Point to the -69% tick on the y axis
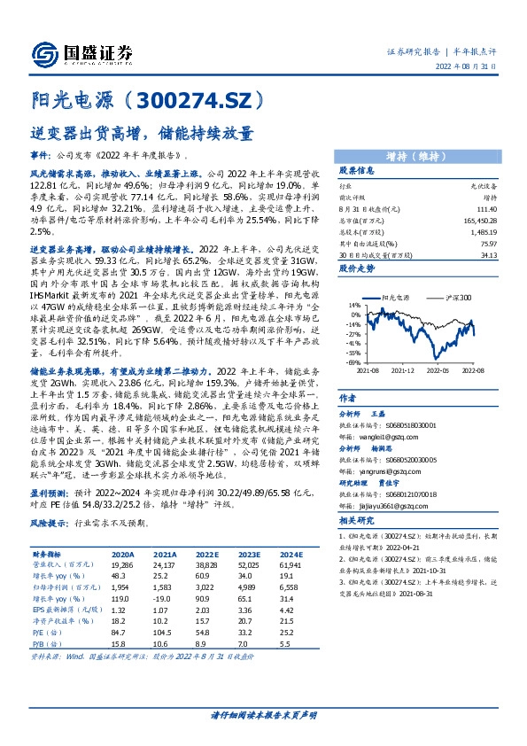(353, 362)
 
